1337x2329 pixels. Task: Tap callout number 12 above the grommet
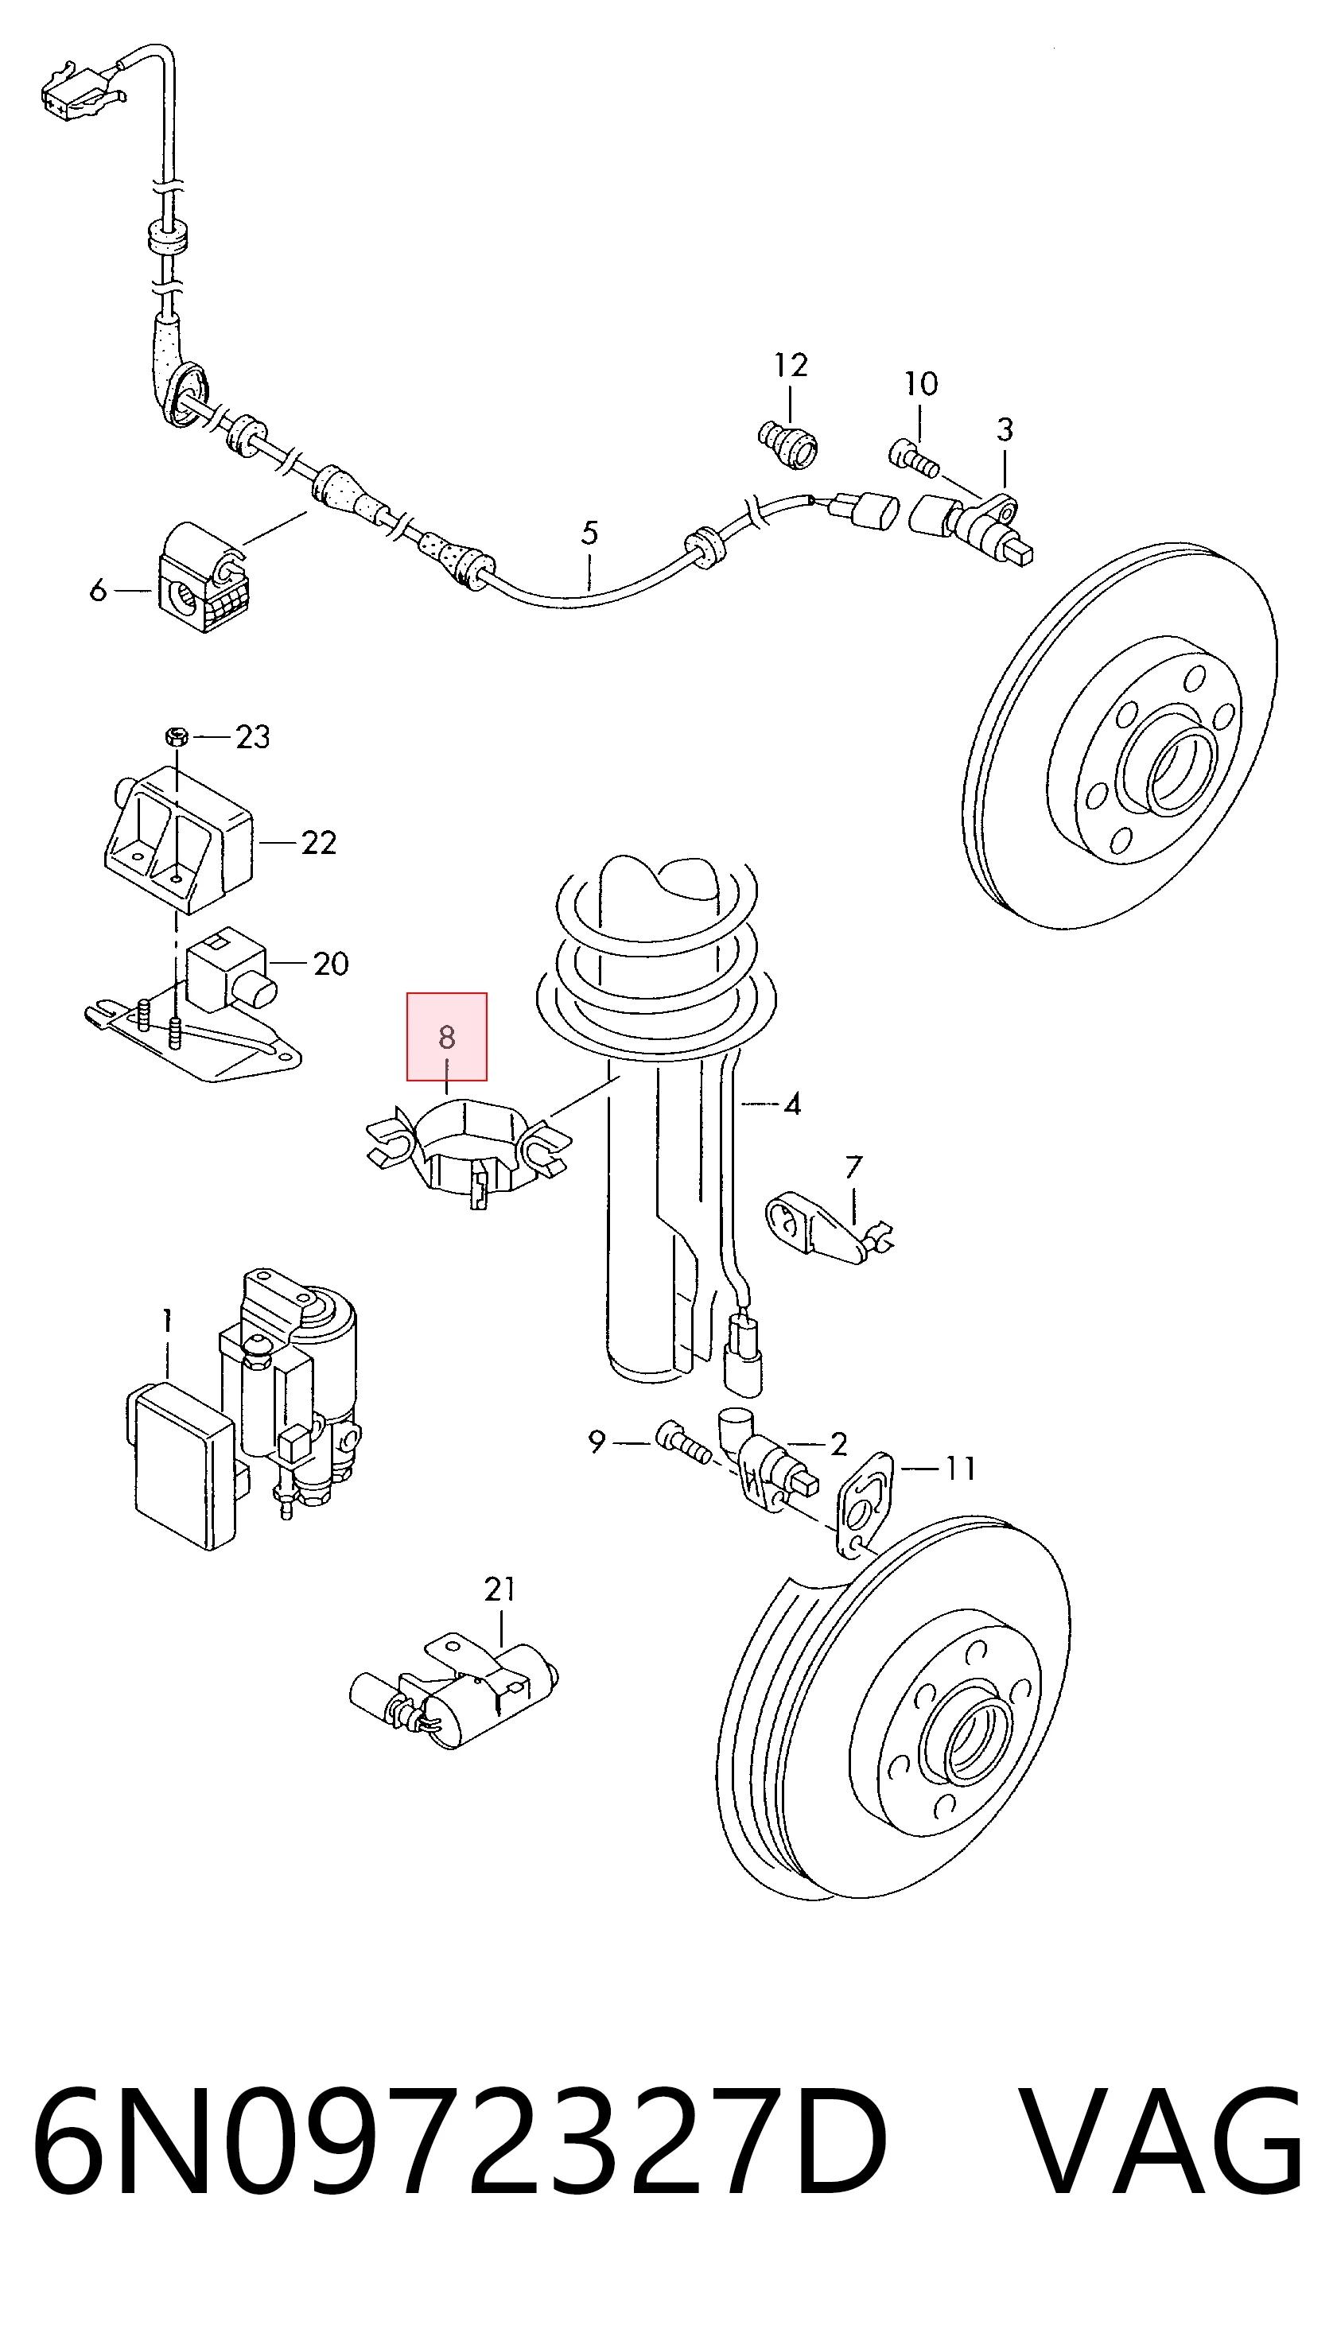tap(791, 365)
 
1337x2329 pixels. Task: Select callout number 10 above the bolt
tap(921, 384)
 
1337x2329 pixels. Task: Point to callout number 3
tap(1005, 429)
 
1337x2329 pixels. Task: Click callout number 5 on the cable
tap(589, 534)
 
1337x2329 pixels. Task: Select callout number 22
tap(319, 843)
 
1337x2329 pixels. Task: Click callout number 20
tap(331, 964)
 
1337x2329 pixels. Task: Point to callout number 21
tap(499, 1589)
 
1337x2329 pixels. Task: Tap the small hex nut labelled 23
tap(177, 736)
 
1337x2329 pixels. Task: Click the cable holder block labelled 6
tap(204, 578)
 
